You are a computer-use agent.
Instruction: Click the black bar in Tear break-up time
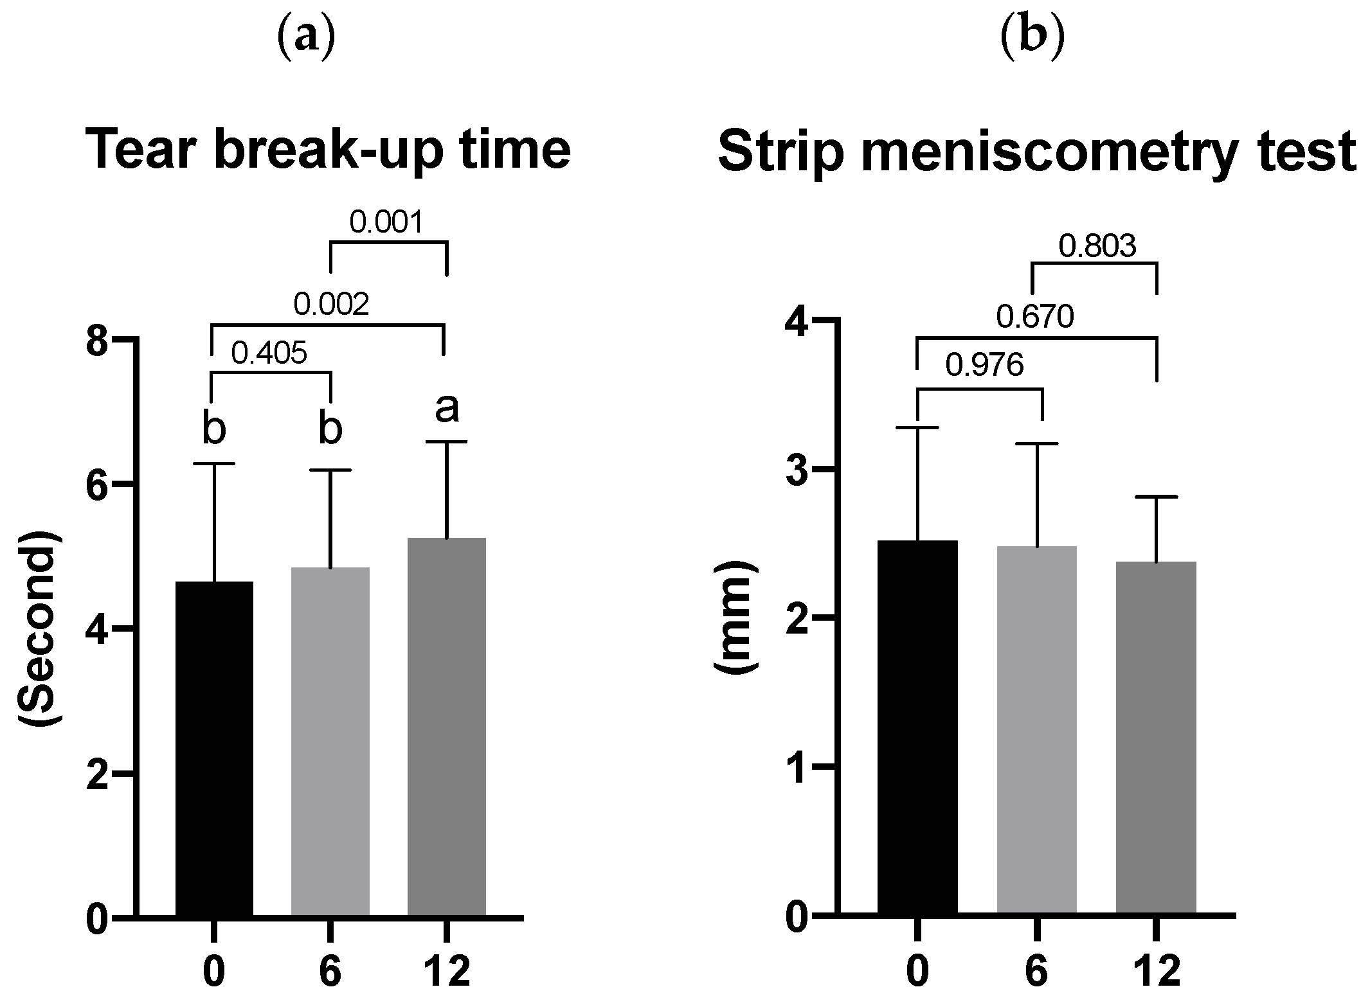(x=214, y=749)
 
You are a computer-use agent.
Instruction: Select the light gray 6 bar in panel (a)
(x=330, y=742)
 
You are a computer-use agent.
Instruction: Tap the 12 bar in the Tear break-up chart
(x=446, y=726)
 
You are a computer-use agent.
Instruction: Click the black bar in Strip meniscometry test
(x=917, y=726)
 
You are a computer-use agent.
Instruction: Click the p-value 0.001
(x=387, y=223)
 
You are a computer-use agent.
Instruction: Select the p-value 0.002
(x=331, y=305)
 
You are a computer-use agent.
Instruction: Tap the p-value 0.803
(x=1097, y=246)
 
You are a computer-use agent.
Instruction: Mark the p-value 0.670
(x=1035, y=317)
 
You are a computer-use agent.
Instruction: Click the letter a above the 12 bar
(x=447, y=409)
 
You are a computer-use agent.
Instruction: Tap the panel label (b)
(x=1033, y=39)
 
